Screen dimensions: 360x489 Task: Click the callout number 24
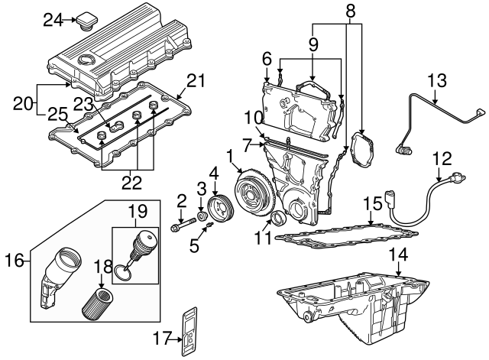[x=52, y=20]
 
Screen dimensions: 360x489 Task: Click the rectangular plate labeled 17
[x=188, y=332]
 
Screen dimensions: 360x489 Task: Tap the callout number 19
[x=137, y=209]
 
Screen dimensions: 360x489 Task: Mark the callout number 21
[x=197, y=82]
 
